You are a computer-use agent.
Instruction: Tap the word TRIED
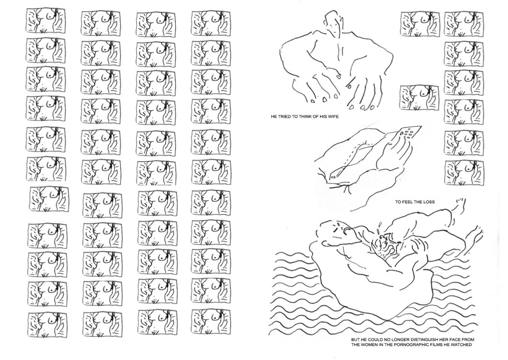[x=284, y=117]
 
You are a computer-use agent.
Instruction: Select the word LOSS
[x=429, y=202]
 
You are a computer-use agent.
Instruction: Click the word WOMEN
[x=371, y=345]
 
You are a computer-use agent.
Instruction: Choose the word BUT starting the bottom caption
[x=356, y=340]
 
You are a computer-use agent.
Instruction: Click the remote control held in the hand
[x=409, y=133]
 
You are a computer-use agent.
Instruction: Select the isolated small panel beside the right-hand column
[x=419, y=97]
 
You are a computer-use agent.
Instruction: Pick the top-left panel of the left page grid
[x=45, y=20]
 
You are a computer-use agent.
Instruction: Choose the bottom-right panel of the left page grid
[x=211, y=321]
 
